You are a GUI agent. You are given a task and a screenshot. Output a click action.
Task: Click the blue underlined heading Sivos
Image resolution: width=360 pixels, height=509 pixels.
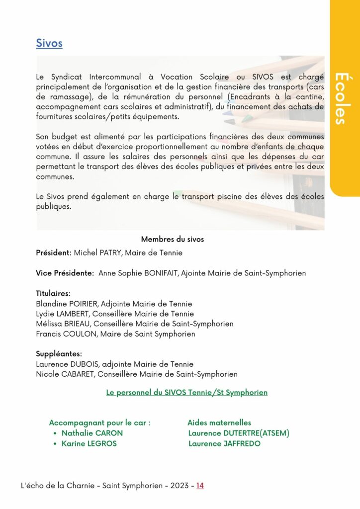pyautogui.click(x=49, y=43)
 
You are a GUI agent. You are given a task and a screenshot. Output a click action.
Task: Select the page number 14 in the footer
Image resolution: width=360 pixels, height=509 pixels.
pyautogui.click(x=200, y=486)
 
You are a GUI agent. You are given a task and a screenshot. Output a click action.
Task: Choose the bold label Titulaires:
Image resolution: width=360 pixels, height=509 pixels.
pyautogui.click(x=53, y=293)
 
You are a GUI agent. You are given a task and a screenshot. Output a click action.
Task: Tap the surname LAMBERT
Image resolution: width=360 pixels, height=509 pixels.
pyautogui.click(x=73, y=314)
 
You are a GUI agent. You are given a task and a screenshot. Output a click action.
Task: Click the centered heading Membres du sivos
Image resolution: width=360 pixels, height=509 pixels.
pyautogui.click(x=173, y=239)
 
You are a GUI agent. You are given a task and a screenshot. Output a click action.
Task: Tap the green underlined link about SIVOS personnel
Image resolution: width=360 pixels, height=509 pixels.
pyautogui.click(x=187, y=393)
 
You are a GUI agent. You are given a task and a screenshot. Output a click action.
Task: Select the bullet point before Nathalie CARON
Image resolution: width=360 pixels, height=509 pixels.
pyautogui.click(x=55, y=433)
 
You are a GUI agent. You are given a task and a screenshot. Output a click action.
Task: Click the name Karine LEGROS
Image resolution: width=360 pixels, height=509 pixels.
pyautogui.click(x=89, y=443)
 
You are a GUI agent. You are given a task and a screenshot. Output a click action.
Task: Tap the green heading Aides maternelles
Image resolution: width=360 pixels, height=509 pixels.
pyautogui.click(x=219, y=423)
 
